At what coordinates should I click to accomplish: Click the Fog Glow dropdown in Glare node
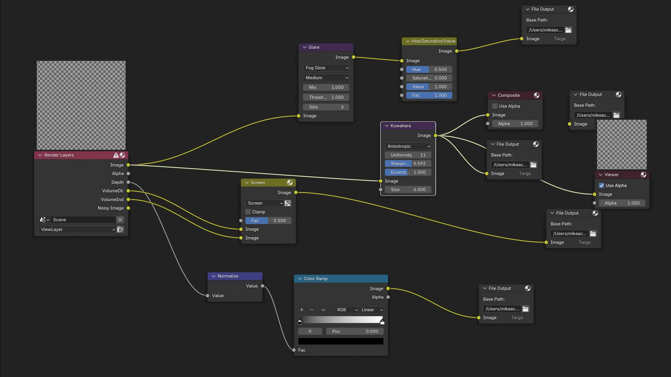tap(326, 68)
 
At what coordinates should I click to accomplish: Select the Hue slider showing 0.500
tap(429, 69)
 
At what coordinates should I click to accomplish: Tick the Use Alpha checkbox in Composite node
tap(495, 106)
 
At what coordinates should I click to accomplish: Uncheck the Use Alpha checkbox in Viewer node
tap(601, 185)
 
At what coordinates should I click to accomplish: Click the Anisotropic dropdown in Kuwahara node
tap(408, 146)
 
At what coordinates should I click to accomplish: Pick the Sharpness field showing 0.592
tap(408, 163)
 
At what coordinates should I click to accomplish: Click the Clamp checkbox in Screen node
tap(248, 212)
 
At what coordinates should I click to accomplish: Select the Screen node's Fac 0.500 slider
tap(268, 221)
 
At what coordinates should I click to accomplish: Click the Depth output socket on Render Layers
tap(128, 182)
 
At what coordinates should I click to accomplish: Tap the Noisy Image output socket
tap(128, 208)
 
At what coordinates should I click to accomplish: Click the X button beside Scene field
tap(120, 220)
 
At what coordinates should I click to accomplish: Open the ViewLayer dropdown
tap(77, 229)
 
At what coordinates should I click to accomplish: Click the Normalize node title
tap(228, 276)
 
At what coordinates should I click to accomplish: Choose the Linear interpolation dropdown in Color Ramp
tap(371, 310)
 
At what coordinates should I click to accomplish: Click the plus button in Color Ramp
tap(302, 310)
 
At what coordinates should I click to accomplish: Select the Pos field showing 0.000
tap(355, 331)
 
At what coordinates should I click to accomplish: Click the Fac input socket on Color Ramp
tap(294, 350)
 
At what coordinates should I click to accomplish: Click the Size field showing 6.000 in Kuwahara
tap(408, 190)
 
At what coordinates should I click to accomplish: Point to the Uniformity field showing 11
tap(408, 155)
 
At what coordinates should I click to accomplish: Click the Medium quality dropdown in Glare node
tap(326, 77)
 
